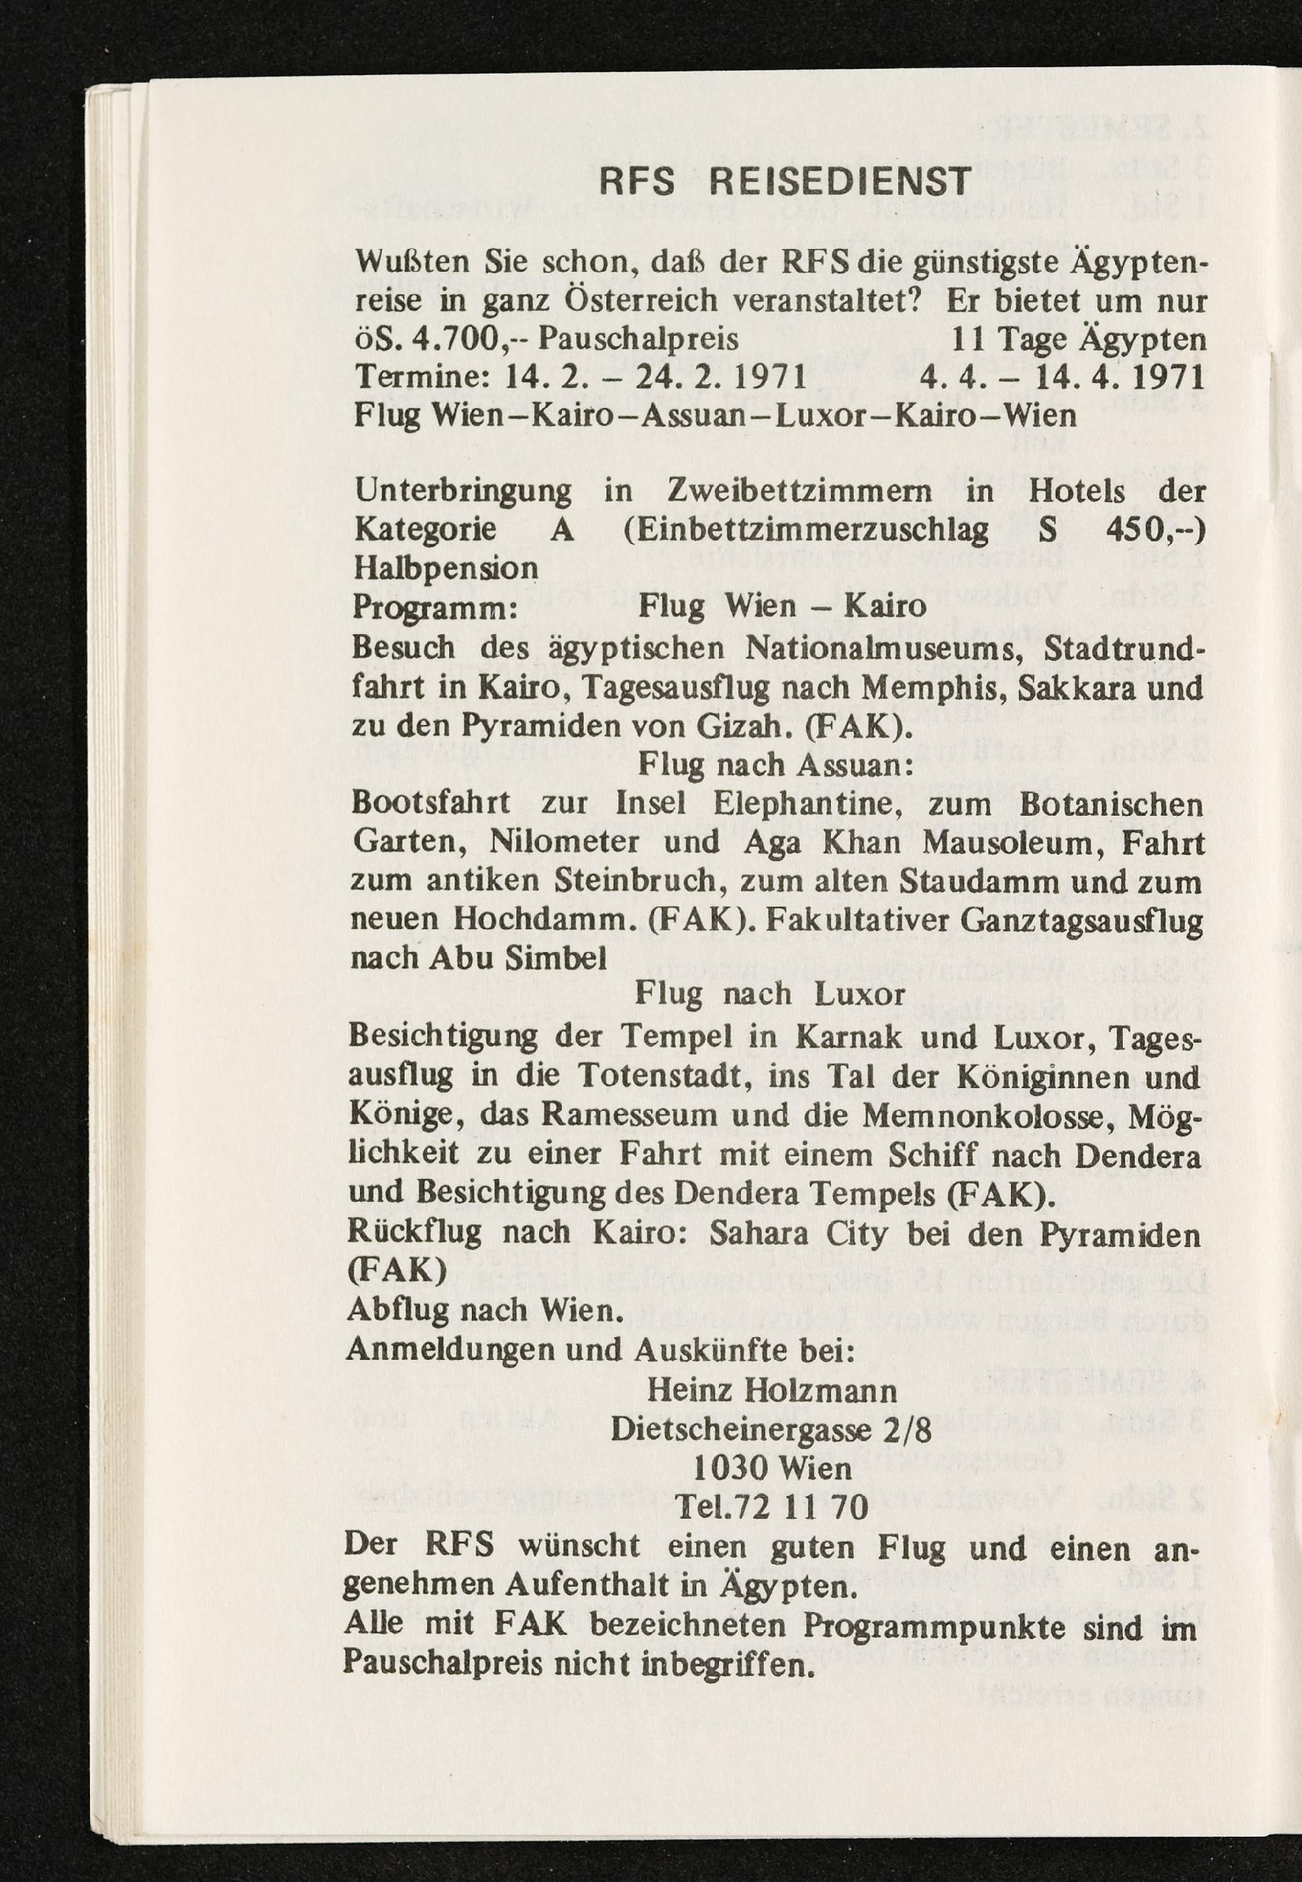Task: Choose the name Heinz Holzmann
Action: pos(771,1390)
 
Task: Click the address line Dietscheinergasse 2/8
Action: pos(771,1429)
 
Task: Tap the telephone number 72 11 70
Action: pos(804,1507)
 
